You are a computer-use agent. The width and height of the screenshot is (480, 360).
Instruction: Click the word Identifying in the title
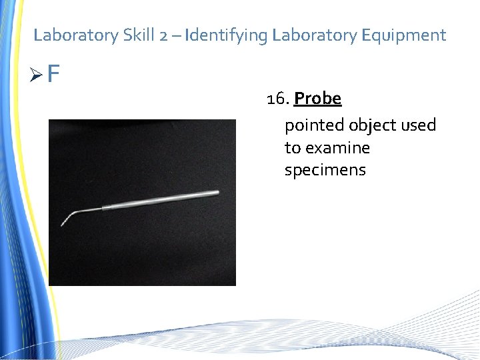(227, 35)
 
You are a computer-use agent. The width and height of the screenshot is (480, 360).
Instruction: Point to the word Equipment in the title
(405, 35)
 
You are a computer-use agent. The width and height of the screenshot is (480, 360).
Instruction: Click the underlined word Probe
(317, 99)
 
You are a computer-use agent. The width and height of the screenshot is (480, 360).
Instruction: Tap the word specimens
(325, 170)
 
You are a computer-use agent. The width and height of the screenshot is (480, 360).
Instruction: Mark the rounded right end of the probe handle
(217, 193)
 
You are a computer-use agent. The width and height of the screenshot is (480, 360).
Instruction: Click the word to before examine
(293, 147)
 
